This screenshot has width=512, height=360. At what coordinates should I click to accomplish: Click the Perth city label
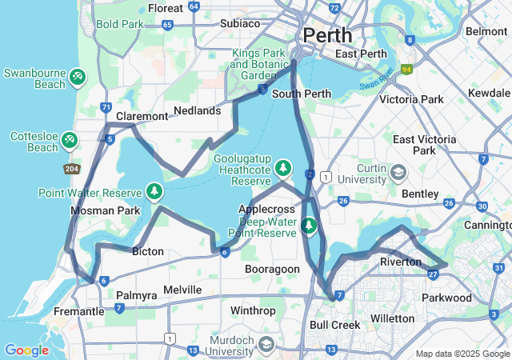click(x=326, y=35)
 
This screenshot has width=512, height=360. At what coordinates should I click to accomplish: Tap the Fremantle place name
click(x=79, y=310)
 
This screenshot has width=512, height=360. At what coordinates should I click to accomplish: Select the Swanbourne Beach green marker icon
click(x=78, y=77)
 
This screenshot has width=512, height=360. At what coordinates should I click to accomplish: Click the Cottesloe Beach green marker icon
click(x=70, y=142)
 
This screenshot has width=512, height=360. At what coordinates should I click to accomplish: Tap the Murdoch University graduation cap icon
click(x=266, y=344)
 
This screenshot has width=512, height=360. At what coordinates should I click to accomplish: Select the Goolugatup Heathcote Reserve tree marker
click(x=282, y=168)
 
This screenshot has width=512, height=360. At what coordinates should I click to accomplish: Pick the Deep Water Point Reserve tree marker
click(x=309, y=226)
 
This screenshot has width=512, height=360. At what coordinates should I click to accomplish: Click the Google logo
click(x=26, y=350)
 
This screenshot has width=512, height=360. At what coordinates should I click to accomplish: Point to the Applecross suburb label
click(x=262, y=209)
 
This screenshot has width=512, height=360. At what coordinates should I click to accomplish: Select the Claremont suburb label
click(x=142, y=116)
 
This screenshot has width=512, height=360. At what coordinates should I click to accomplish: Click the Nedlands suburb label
click(x=197, y=110)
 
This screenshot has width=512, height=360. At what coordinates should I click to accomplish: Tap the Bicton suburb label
click(x=147, y=251)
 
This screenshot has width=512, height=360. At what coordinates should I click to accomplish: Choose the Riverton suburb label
click(x=400, y=262)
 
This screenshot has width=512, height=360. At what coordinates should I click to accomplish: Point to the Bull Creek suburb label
click(x=334, y=325)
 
